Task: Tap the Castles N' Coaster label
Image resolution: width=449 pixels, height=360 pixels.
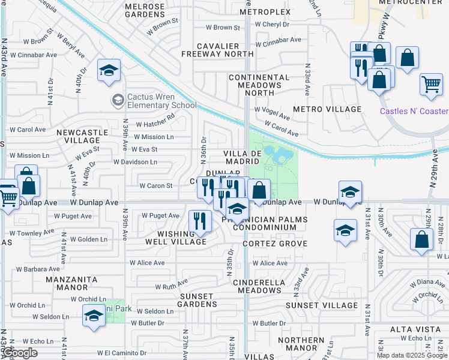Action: pos(414,111)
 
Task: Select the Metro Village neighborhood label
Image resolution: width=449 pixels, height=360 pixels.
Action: pos(327,109)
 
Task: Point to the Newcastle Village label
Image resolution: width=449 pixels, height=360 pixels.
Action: pos(82,136)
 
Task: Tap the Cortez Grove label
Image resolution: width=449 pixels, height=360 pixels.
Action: pos(275,244)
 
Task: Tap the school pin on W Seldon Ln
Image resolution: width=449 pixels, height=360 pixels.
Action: pos(94,315)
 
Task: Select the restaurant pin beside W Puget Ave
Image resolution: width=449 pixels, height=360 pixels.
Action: pos(199,221)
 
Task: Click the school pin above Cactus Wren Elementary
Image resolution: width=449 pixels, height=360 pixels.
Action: pos(109,70)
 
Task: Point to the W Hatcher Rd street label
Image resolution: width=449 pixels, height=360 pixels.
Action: pos(158,117)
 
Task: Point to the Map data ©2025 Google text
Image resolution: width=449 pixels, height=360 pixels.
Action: pos(412,355)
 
